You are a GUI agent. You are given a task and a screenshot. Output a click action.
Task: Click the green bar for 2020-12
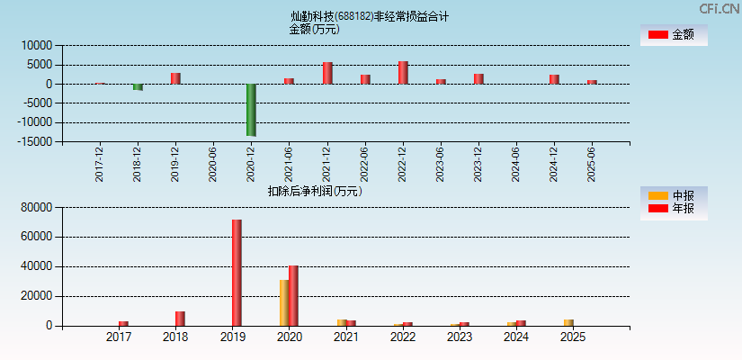251,110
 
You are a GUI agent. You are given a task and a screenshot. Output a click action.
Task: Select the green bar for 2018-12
138,87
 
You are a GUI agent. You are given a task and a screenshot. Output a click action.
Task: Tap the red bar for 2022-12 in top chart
403,73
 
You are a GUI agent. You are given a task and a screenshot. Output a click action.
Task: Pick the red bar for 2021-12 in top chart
327,73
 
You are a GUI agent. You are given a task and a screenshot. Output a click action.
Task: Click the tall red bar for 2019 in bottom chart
237,273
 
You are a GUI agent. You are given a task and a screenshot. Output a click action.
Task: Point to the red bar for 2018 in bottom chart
180,319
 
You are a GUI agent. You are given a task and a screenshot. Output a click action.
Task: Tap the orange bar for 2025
568,322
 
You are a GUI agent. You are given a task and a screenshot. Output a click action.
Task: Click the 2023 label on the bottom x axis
460,337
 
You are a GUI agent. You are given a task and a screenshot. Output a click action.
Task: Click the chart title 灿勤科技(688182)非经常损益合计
370,16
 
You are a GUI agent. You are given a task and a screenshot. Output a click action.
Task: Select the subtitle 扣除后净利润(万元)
315,191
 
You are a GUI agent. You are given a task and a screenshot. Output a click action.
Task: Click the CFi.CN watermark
720,8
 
